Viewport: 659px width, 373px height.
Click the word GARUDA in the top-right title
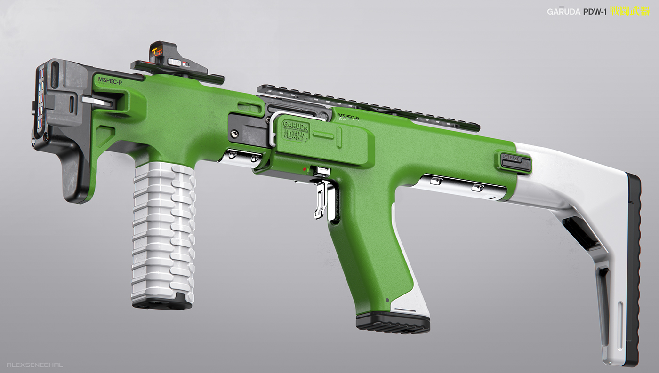[x=563, y=12]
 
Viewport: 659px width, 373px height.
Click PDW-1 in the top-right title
[x=595, y=12]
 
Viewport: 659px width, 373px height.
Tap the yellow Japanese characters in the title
[x=629, y=11]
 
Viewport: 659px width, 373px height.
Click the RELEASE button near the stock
[x=512, y=159]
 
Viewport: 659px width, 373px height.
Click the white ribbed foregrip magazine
[x=163, y=230]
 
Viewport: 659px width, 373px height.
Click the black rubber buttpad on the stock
[x=634, y=268]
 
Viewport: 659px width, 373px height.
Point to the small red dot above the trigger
[x=305, y=168]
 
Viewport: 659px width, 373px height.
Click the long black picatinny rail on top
[x=367, y=106]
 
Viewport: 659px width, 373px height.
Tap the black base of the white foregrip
[x=161, y=303]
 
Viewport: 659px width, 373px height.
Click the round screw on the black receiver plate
[x=234, y=135]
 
